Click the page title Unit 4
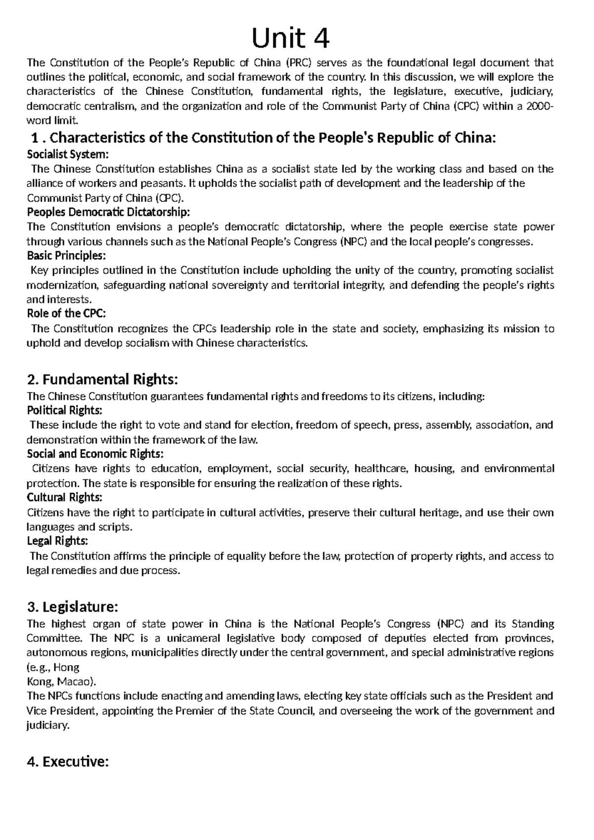tap(291, 38)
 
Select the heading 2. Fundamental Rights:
tap(102, 380)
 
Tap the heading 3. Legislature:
tap(73, 606)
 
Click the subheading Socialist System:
tap(67, 154)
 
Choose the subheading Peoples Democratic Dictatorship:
tap(108, 212)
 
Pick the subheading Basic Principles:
tap(66, 256)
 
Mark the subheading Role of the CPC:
tap(66, 313)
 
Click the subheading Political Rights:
tap(65, 410)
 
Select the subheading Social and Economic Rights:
tap(95, 454)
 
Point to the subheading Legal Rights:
tap(57, 541)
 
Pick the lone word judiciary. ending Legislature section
tap(48, 726)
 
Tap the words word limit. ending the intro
tap(52, 120)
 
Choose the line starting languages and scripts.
tap(79, 527)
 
